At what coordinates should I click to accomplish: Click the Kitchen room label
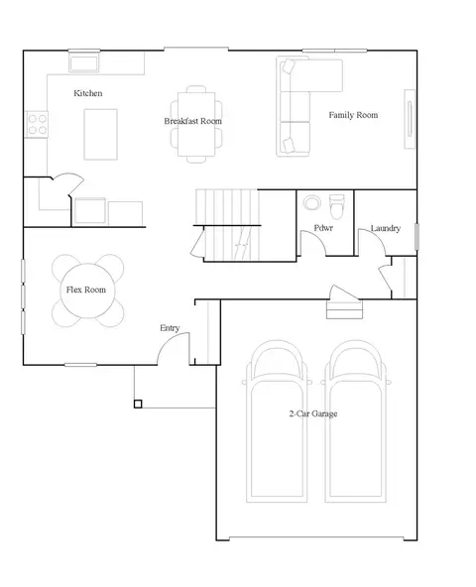click(x=87, y=93)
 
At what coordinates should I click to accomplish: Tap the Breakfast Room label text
click(x=192, y=121)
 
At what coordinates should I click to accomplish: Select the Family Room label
click(x=353, y=115)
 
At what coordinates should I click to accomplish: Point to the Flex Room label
click(x=85, y=290)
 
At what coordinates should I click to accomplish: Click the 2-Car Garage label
click(x=313, y=413)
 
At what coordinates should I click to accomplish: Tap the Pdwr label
click(x=323, y=228)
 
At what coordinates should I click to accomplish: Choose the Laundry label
click(x=386, y=228)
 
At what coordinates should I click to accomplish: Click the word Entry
click(x=170, y=328)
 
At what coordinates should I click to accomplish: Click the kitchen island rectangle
click(x=101, y=135)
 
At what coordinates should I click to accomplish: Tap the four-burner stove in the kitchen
click(x=37, y=125)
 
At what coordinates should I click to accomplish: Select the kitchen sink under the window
click(x=84, y=62)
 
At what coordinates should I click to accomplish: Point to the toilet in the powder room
click(x=337, y=206)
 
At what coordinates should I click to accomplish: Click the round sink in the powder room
click(x=311, y=202)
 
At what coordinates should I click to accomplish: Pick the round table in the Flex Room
click(x=88, y=291)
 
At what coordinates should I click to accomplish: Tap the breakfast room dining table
click(x=196, y=124)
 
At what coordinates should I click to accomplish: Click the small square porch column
click(x=138, y=404)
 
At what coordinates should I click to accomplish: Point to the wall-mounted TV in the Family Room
click(x=410, y=119)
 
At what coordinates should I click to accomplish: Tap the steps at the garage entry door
click(x=344, y=309)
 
